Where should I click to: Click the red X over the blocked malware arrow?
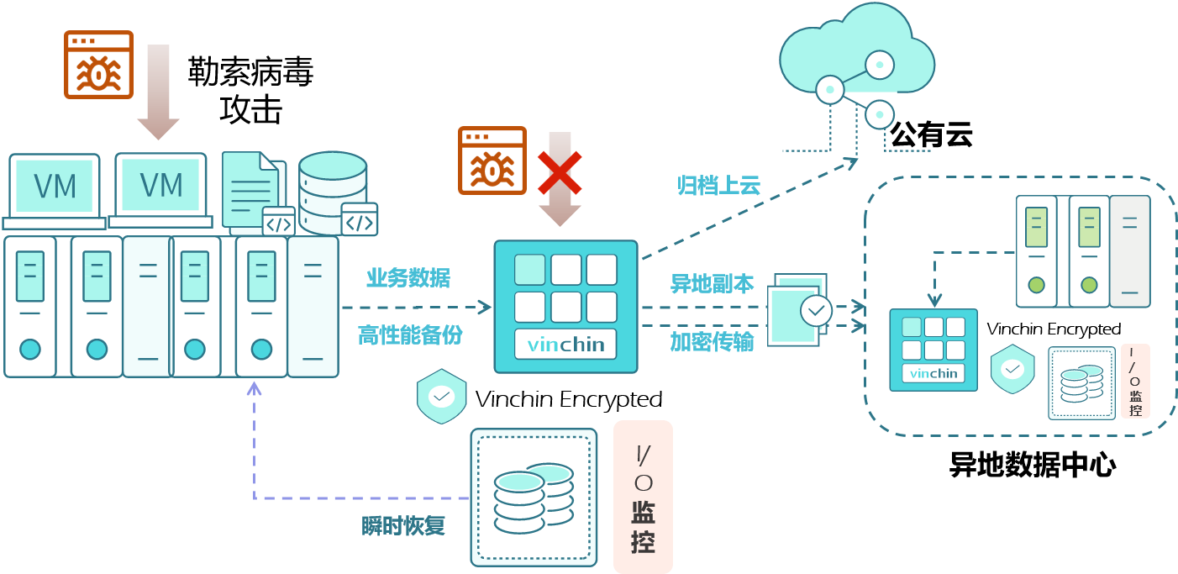(560, 172)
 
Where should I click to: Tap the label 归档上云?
(719, 185)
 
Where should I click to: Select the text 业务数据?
(408, 277)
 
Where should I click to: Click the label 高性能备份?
(410, 334)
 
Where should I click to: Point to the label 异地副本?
(712, 283)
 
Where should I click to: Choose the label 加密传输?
(712, 341)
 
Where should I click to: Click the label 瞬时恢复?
(403, 526)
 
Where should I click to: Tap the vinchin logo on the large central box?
(565, 345)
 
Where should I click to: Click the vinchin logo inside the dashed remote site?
(933, 373)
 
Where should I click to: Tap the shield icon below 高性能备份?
(441, 395)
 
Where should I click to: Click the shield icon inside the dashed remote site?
(1012, 368)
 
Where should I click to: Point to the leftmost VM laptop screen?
(55, 186)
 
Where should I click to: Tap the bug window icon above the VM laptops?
(99, 65)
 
